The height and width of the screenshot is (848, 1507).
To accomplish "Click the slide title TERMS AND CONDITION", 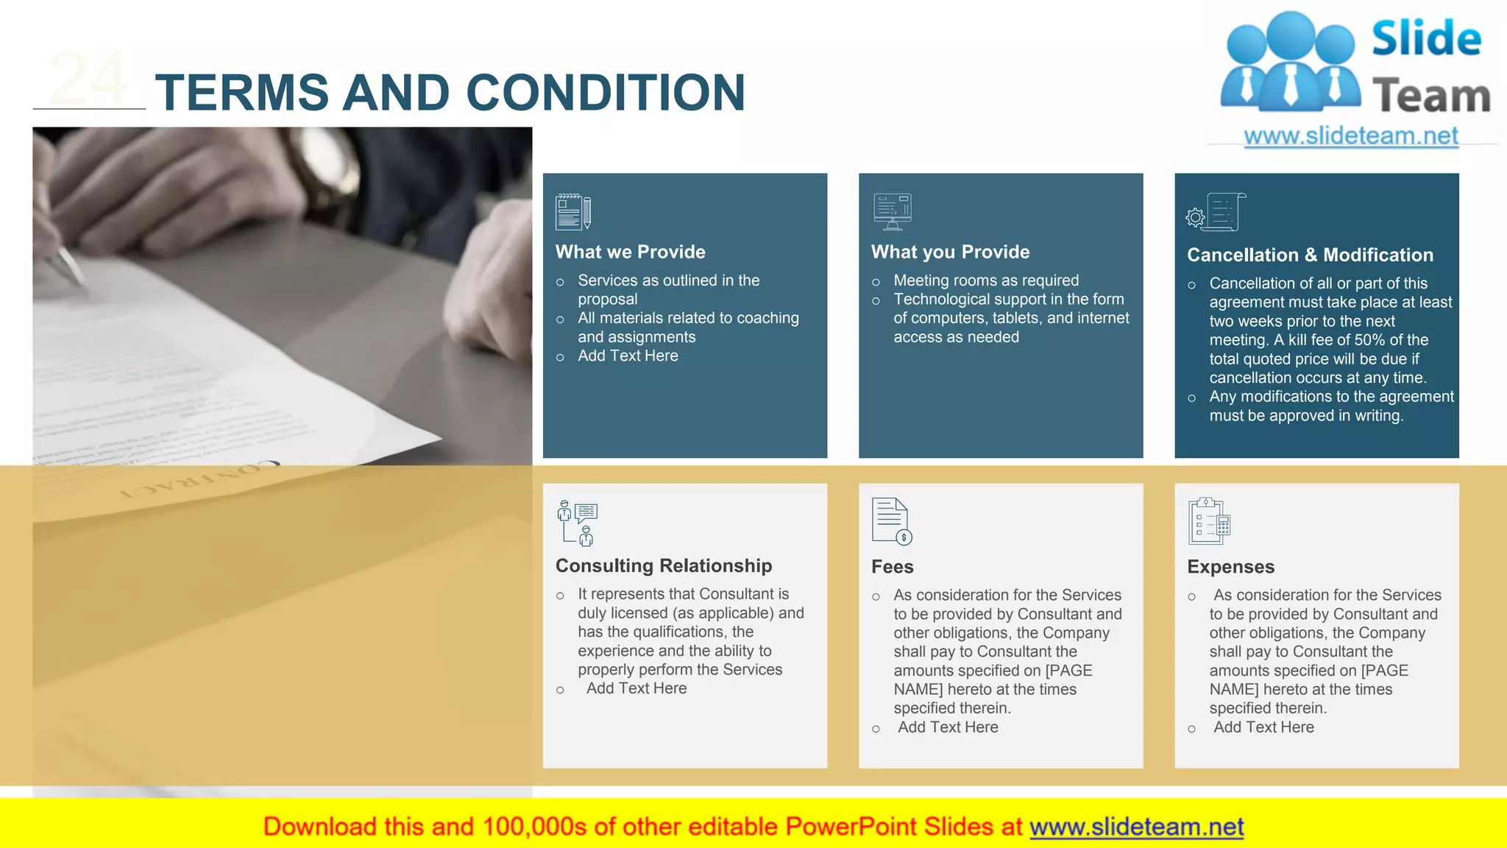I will (x=450, y=93).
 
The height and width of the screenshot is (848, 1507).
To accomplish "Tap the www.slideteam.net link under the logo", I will (x=1350, y=135).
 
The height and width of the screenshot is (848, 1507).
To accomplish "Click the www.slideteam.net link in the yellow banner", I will (x=1136, y=827).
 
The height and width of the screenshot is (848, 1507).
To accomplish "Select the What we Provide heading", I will (x=630, y=252).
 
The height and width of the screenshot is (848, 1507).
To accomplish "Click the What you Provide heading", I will (x=950, y=252).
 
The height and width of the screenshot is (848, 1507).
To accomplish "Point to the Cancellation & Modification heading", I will (x=1310, y=255).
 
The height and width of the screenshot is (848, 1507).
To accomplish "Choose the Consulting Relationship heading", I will (x=663, y=565).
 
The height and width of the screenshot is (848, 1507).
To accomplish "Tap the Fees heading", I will (x=892, y=567).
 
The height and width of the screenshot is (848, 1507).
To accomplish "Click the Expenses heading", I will (x=1230, y=567).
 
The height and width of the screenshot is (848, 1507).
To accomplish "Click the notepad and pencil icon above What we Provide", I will (x=573, y=211).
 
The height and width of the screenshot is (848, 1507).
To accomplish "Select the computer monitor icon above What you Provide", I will (x=892, y=211).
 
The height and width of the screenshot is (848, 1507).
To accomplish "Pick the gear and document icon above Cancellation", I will (x=1216, y=212).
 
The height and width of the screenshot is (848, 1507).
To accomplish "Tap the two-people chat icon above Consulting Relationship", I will (x=577, y=523).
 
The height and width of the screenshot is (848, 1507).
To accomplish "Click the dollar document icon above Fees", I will (x=891, y=521).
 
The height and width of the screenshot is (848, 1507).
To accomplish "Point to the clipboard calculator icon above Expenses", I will (x=1208, y=521).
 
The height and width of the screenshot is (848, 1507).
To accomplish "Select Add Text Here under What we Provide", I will (x=628, y=356).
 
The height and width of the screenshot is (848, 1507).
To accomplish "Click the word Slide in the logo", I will (x=1426, y=38).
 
